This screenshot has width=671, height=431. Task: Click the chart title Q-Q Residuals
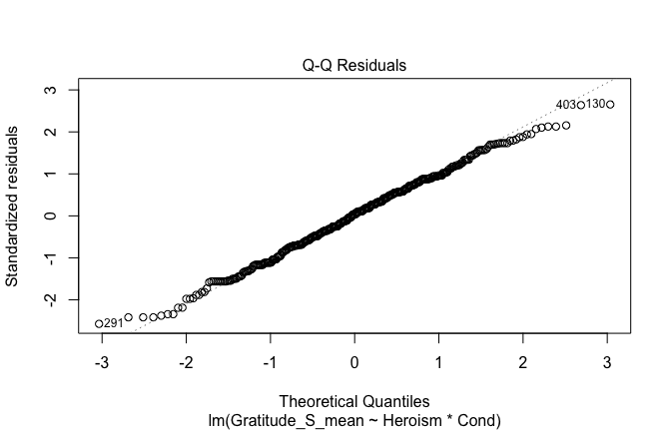[354, 66]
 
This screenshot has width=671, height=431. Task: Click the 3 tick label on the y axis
[62, 90]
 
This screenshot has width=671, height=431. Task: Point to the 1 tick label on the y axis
[62, 174]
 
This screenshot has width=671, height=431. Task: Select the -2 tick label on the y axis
[62, 299]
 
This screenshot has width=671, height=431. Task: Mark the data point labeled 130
[610, 105]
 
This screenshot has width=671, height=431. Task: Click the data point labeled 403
[580, 105]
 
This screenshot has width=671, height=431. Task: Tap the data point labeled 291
[99, 323]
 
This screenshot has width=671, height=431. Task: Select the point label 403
[565, 105]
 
